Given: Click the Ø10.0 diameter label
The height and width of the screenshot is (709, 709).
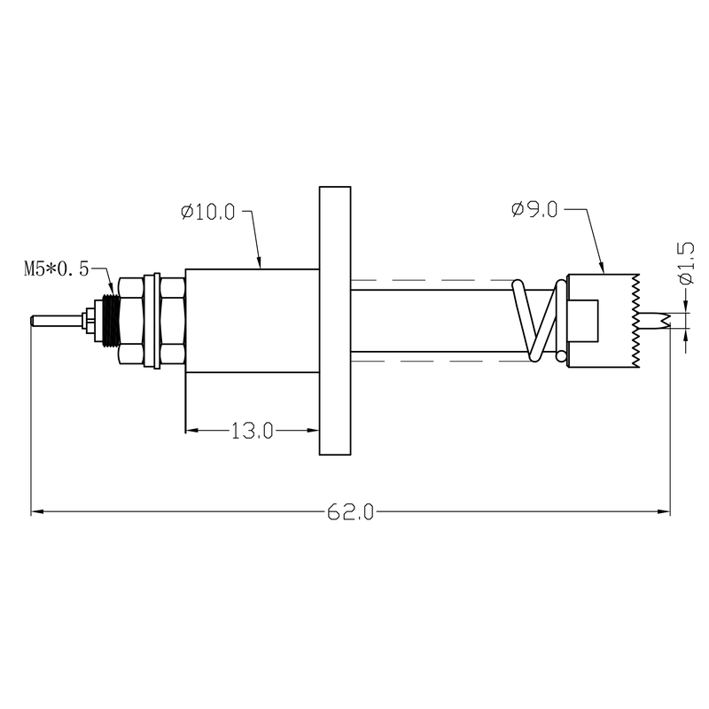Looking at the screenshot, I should click(x=207, y=213).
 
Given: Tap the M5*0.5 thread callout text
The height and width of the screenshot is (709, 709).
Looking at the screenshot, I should click(x=57, y=269).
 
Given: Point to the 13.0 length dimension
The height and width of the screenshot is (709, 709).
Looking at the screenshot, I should click(x=252, y=432).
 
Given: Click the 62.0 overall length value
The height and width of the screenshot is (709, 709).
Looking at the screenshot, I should click(x=351, y=512).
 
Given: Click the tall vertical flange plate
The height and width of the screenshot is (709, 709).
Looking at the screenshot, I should click(x=335, y=321).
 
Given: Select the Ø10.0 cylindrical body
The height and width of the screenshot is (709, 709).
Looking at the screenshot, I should click(x=252, y=320).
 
